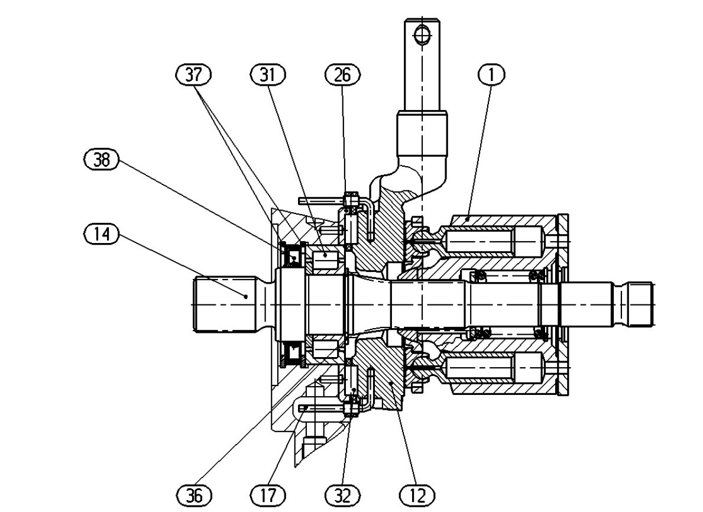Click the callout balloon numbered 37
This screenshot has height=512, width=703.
tap(193, 74)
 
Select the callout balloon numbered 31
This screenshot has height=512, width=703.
tap(268, 74)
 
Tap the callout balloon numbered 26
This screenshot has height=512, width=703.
tap(342, 74)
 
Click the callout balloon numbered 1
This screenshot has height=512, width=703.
tap(492, 74)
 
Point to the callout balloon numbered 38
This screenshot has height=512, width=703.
tap(102, 160)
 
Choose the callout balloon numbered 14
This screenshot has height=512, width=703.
tap(102, 234)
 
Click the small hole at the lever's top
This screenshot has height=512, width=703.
tap(422, 35)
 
